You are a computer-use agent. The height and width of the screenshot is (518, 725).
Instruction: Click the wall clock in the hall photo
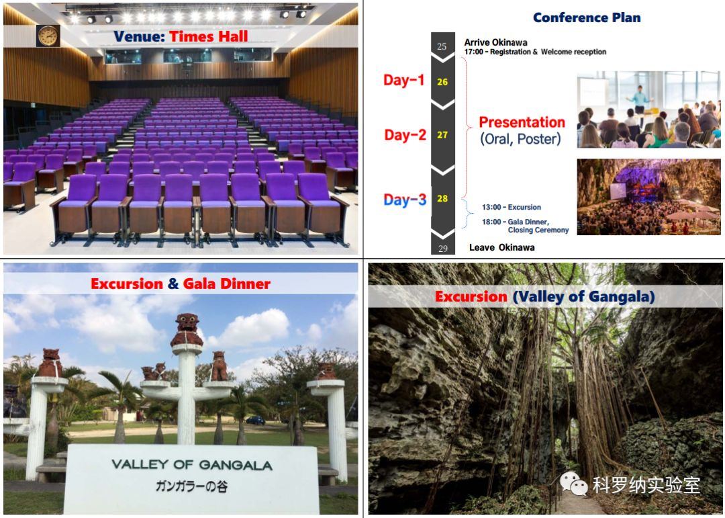[48, 36]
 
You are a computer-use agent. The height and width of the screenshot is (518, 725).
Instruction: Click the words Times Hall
[209, 36]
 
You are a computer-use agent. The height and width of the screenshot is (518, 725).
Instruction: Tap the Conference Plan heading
[587, 17]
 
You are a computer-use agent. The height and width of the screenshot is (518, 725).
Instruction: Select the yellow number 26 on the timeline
[442, 82]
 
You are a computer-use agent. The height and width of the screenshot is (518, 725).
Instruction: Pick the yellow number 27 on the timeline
[442, 135]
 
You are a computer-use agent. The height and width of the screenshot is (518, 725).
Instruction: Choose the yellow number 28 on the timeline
[442, 199]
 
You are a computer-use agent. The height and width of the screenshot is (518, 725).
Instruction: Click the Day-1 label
[403, 80]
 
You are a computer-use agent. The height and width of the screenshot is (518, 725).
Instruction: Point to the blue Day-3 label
[405, 200]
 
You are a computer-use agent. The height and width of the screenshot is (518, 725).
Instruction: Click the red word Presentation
[522, 122]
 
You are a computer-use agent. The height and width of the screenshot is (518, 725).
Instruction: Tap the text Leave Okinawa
[501, 248]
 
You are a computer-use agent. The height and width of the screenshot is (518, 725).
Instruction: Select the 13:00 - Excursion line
[512, 208]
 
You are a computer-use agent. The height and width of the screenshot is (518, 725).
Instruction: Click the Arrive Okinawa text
[495, 42]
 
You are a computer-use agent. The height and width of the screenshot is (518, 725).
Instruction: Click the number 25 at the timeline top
[442, 46]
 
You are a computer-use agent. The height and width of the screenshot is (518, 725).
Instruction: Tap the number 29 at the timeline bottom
[442, 249]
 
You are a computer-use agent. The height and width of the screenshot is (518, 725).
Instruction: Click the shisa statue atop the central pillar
[187, 330]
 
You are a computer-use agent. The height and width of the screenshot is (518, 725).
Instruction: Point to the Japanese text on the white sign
[191, 486]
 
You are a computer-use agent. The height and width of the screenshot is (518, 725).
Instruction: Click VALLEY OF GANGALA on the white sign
[192, 465]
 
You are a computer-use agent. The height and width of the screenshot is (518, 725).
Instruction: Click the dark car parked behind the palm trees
[255, 421]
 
